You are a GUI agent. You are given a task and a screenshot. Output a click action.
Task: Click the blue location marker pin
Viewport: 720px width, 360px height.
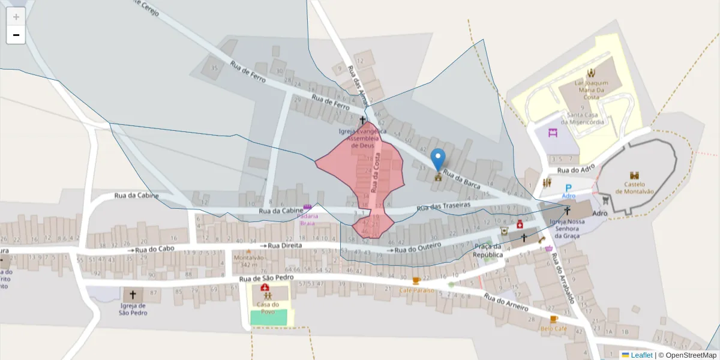click(439, 159)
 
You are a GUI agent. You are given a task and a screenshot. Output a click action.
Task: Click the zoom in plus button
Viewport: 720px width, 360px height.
click(16, 17)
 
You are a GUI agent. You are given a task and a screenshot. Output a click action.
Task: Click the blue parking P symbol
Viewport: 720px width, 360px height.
click(569, 188)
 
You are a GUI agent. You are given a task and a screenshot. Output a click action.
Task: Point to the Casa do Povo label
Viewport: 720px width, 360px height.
click(265, 308)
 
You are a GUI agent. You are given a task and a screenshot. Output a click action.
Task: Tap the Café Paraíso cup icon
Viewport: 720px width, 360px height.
click(416, 281)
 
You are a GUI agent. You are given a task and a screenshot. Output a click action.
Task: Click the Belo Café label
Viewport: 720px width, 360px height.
click(553, 329)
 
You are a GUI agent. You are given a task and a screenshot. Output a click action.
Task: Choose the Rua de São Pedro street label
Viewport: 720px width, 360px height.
click(266, 278)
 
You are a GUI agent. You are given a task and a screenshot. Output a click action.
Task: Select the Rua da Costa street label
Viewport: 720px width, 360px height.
click(376, 170)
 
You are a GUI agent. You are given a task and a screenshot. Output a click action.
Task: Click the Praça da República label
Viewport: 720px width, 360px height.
click(488, 251)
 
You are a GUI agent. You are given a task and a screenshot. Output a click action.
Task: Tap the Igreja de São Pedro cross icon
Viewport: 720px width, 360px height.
click(133, 295)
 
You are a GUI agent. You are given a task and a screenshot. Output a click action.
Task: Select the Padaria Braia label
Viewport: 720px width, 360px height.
click(308, 220)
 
